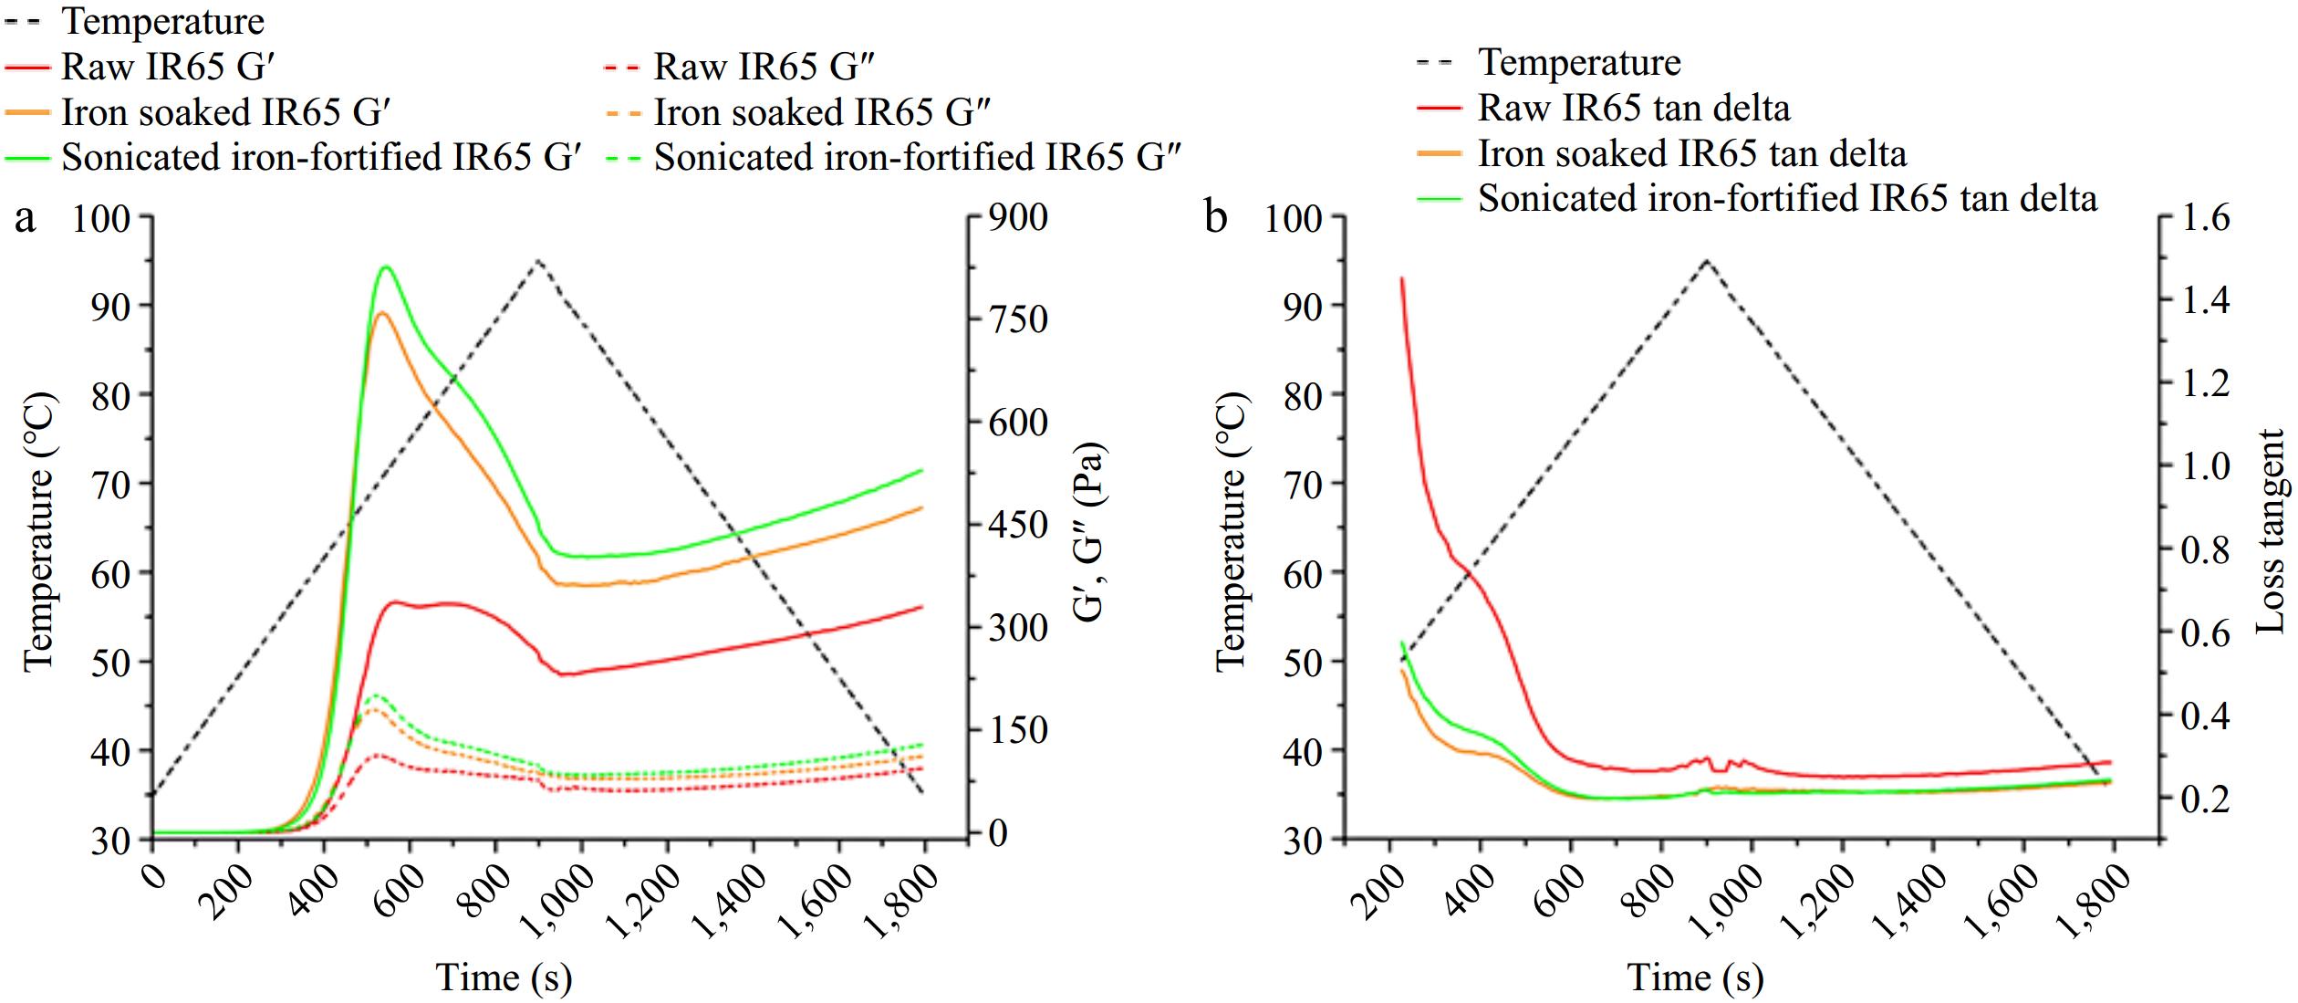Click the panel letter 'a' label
pos(26,220)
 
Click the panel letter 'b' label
pos(1216,220)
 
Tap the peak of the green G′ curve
pos(386,266)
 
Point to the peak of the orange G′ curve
pos(382,313)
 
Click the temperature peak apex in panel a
pos(537,260)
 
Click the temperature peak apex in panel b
pos(1706,260)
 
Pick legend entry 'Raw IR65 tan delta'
pos(1633,108)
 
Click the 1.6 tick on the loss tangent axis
pos(2204,218)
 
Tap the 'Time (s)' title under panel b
pos(1695,977)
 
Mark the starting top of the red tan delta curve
pos(1401,278)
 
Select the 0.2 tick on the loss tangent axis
pos(2204,799)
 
